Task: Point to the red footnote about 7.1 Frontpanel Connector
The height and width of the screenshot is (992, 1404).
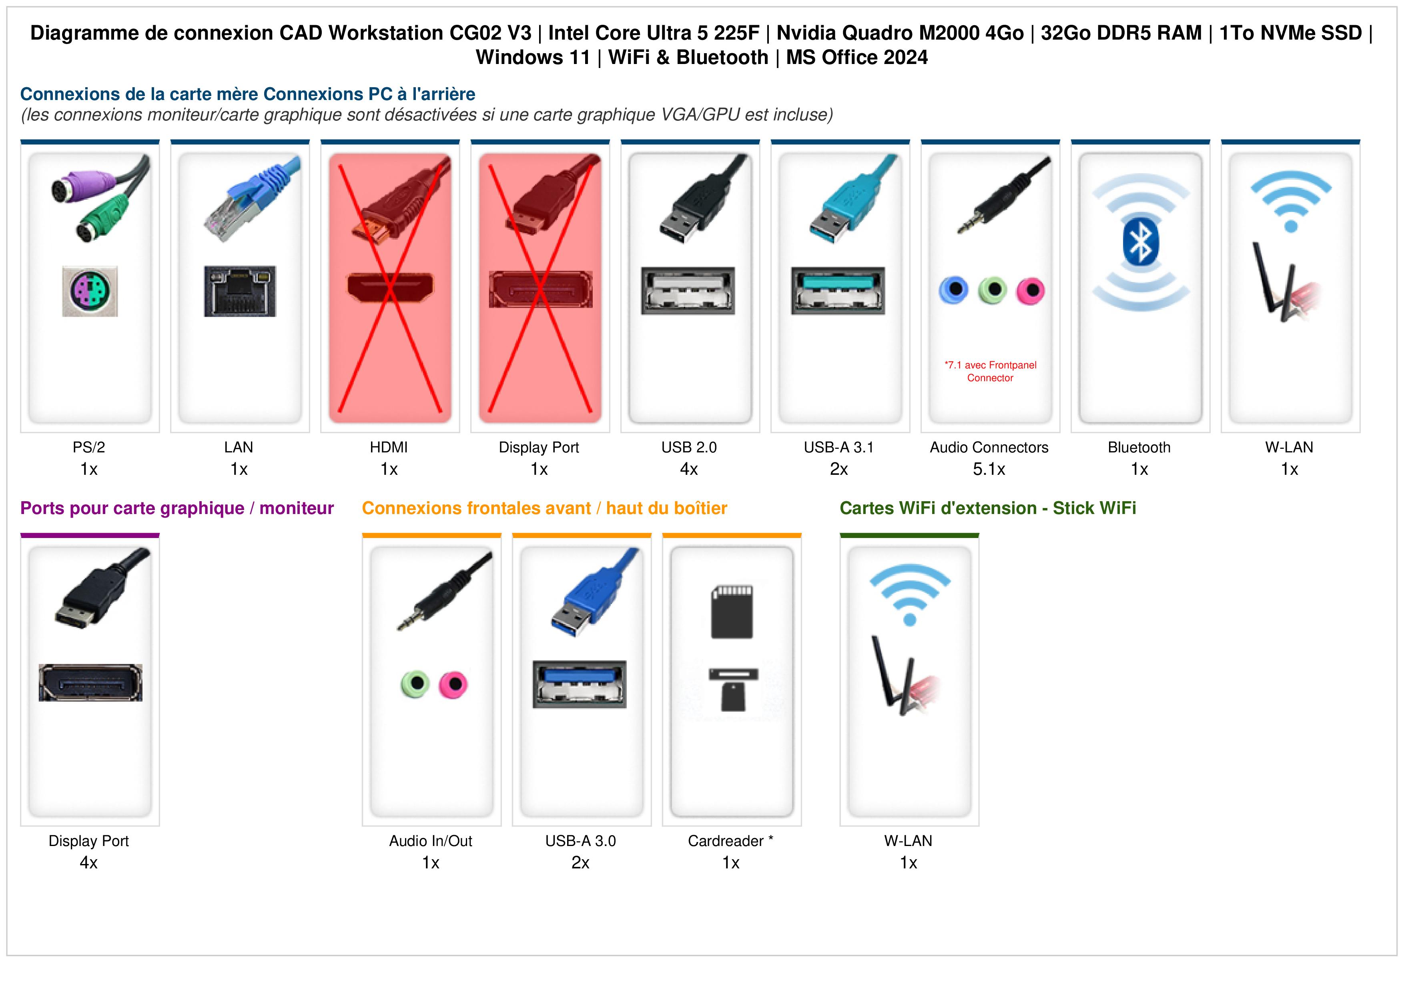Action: pos(990,371)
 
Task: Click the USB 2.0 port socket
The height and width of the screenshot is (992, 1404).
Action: pos(688,290)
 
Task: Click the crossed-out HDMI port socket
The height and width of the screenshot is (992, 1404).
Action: pos(390,287)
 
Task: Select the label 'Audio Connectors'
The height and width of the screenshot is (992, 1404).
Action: pos(989,448)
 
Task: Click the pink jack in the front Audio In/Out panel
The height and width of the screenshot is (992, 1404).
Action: pos(453,684)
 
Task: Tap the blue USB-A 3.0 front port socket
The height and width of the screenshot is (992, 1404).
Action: pos(579,684)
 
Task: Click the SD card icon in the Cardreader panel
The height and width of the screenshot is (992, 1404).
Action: pos(732,612)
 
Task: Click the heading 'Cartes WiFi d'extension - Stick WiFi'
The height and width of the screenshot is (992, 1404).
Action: pos(988,508)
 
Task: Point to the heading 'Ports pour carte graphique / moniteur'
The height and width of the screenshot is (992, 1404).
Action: pos(177,508)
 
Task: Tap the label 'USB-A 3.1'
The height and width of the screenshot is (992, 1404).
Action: pos(839,448)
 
